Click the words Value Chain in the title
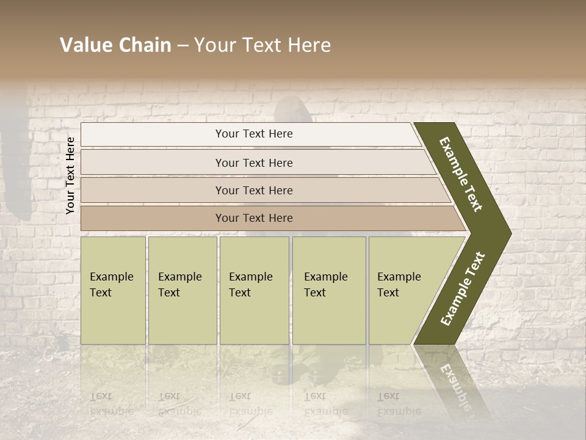click(x=115, y=45)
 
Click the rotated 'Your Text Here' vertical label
click(x=70, y=175)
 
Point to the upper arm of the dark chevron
click(x=461, y=175)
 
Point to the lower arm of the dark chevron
click(x=463, y=288)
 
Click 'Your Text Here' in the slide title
click(x=262, y=45)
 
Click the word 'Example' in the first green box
click(x=111, y=277)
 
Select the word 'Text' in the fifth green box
click(x=388, y=293)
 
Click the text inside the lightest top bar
click(x=254, y=134)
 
